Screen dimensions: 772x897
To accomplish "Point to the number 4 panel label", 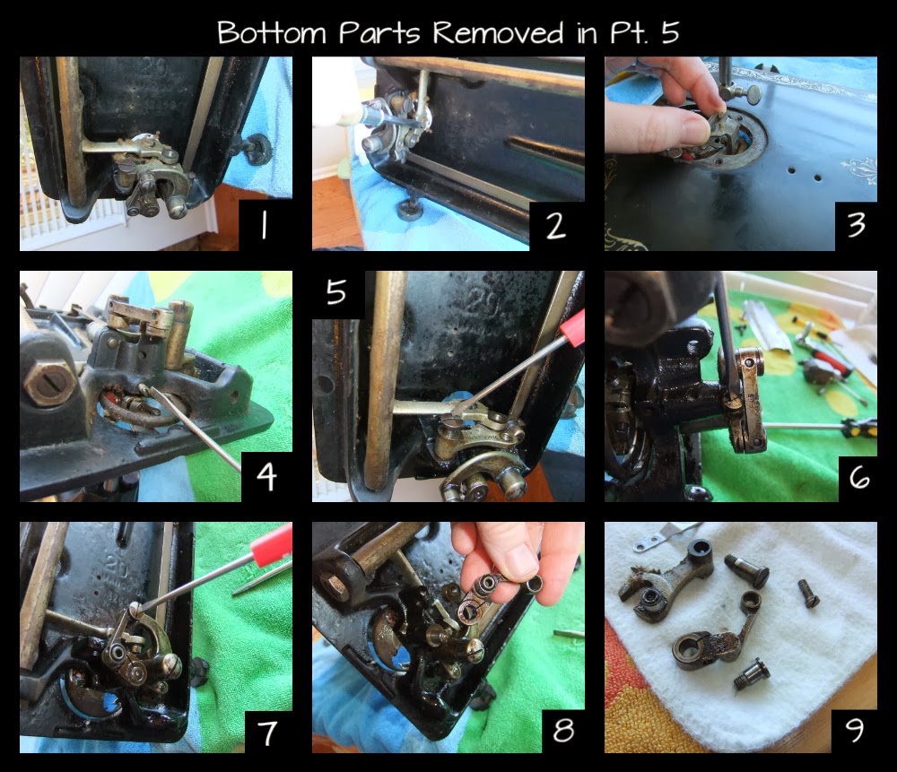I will [266, 476].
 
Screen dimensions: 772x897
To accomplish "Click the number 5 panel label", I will [337, 292].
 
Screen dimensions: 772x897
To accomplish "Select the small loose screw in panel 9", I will [808, 593].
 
